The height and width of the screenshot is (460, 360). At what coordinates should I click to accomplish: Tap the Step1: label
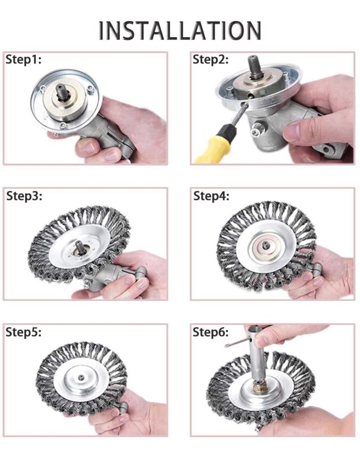[23, 59]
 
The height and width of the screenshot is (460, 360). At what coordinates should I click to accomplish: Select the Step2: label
[210, 59]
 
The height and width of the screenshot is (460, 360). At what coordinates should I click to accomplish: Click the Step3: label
[24, 196]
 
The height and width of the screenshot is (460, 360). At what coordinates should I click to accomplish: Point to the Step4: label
[211, 196]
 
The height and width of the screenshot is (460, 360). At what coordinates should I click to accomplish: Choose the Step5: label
[23, 332]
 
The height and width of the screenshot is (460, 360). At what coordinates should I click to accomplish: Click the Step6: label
[210, 332]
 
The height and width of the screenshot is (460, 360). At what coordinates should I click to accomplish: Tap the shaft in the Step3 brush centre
[79, 247]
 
